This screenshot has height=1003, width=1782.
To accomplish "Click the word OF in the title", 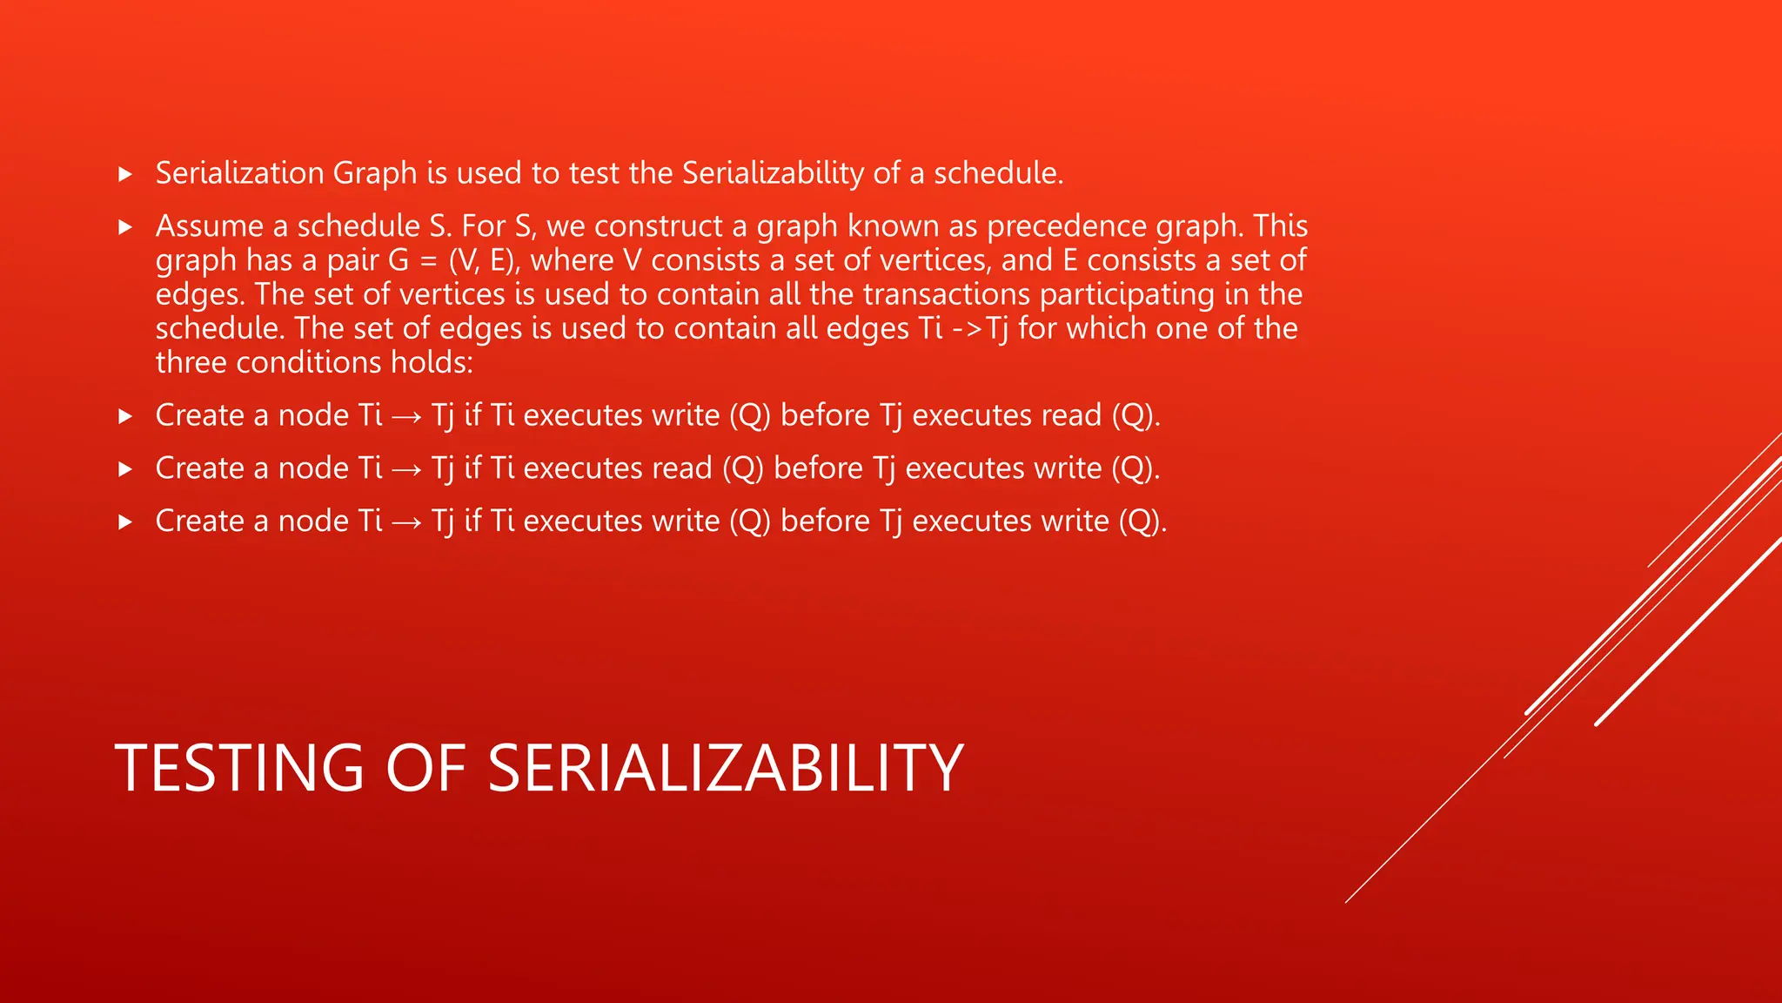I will point(425,768).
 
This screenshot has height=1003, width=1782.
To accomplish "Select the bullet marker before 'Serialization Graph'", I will point(125,174).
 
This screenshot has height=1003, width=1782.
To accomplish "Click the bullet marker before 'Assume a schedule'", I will point(125,227).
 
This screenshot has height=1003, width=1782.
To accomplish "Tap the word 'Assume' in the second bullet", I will point(209,226).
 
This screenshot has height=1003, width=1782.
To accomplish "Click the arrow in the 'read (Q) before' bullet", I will point(406,469).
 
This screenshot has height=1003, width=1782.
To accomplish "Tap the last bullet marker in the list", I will point(125,522).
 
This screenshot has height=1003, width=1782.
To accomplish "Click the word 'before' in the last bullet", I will point(825,521).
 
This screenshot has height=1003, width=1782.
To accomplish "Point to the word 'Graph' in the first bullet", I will point(375,173).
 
